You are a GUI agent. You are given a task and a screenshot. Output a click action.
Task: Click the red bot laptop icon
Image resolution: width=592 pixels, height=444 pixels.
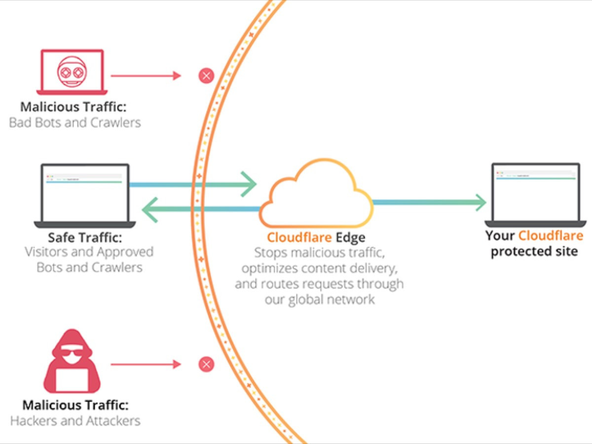pyautogui.click(x=72, y=72)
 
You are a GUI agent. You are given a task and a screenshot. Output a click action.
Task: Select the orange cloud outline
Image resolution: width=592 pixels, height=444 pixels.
pyautogui.click(x=316, y=195)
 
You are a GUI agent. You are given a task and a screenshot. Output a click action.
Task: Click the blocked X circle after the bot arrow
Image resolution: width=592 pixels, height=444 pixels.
pyautogui.click(x=206, y=76)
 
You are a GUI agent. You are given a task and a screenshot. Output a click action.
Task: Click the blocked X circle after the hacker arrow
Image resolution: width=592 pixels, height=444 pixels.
pyautogui.click(x=206, y=365)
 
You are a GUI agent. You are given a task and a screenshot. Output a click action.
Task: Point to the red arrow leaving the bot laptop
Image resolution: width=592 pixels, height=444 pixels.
pyautogui.click(x=146, y=76)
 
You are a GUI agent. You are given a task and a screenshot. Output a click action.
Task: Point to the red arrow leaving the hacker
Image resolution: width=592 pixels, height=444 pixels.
pyautogui.click(x=146, y=365)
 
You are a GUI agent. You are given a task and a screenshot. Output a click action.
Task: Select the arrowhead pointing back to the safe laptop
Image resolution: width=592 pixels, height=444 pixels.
pyautogui.click(x=149, y=210)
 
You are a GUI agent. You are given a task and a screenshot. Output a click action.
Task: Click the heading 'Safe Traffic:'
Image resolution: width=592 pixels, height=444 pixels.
pyautogui.click(x=85, y=237)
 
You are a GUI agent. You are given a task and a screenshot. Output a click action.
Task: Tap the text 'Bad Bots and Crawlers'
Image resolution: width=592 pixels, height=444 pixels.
pyautogui.click(x=75, y=122)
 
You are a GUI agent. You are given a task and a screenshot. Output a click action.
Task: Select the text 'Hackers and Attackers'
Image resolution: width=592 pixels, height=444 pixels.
pyautogui.click(x=75, y=421)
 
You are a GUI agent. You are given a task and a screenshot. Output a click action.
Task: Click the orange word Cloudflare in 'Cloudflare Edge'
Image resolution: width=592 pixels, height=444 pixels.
pyautogui.click(x=299, y=237)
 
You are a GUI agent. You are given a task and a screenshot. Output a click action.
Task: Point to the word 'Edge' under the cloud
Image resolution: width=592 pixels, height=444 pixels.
pyautogui.click(x=350, y=237)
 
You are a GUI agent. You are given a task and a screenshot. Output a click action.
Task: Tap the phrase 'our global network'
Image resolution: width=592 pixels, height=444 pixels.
pyautogui.click(x=320, y=299)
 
